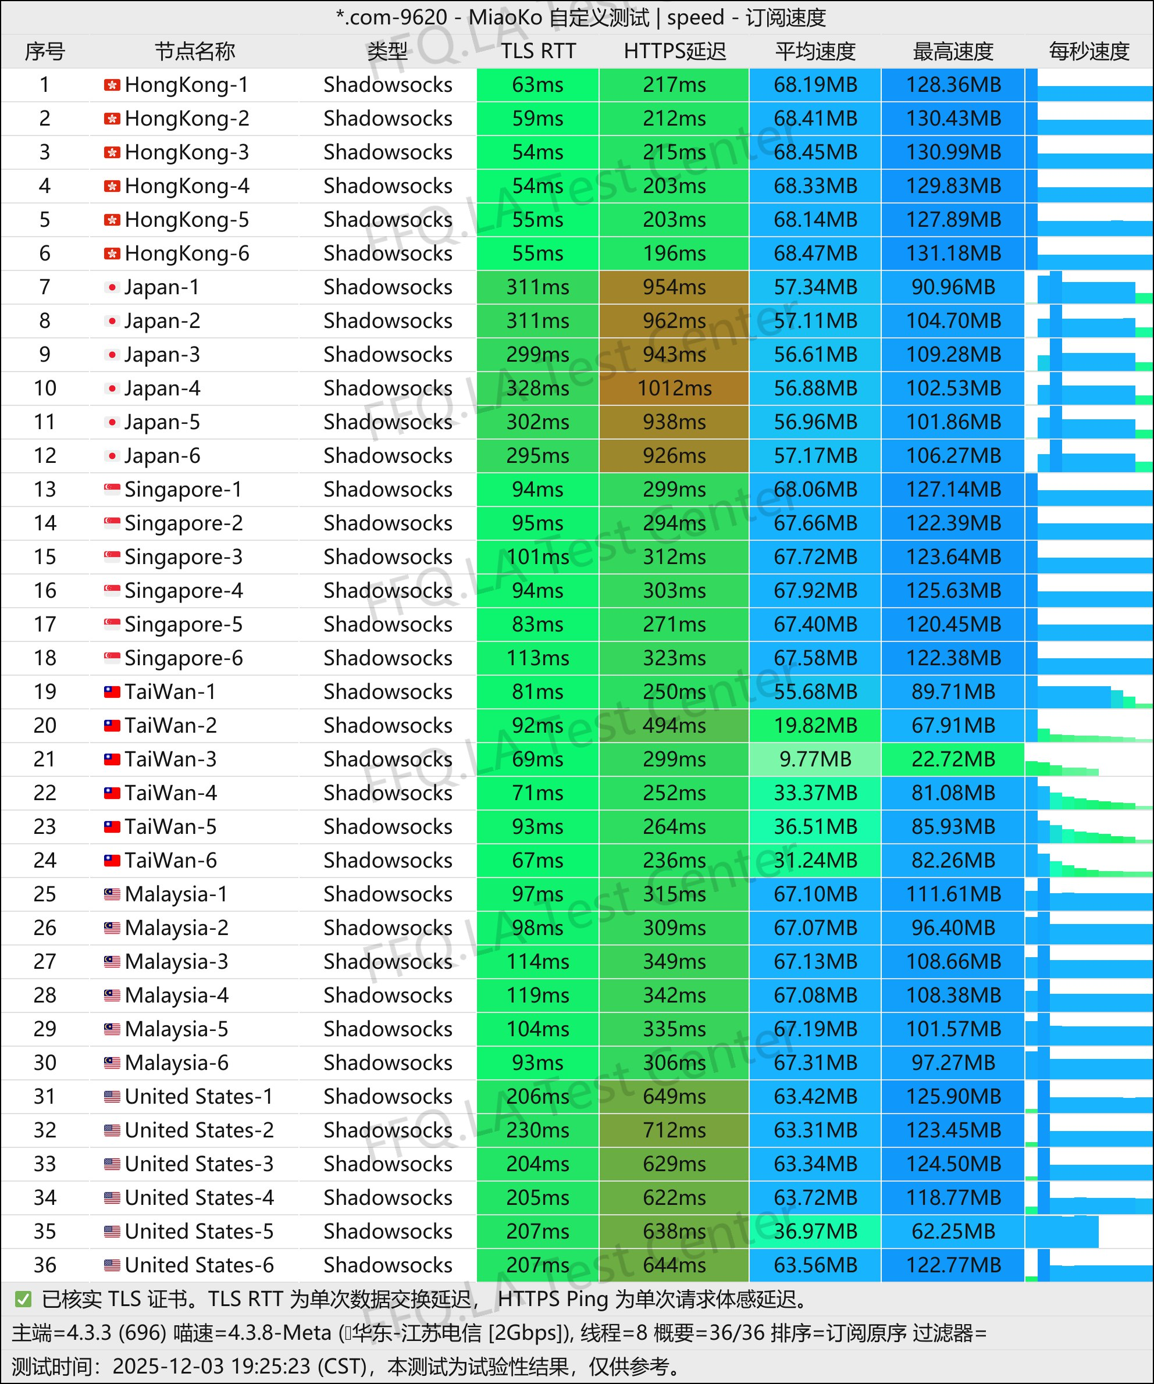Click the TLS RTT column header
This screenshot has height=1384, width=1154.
[x=538, y=51]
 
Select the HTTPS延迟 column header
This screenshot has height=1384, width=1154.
[x=674, y=51]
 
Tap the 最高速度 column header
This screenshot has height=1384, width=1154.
[x=952, y=51]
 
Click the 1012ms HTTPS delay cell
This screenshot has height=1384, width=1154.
[x=674, y=388]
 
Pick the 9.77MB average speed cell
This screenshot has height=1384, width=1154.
[x=815, y=759]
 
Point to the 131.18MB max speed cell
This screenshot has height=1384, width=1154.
[x=953, y=253]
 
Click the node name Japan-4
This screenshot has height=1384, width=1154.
[x=162, y=388]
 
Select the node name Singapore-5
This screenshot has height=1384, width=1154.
[x=183, y=624]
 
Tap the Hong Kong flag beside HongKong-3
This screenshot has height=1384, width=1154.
[x=112, y=152]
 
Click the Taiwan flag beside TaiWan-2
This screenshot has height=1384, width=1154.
[x=112, y=726]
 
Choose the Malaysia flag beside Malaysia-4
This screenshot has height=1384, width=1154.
[x=112, y=995]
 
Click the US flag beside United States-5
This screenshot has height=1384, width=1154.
[x=112, y=1231]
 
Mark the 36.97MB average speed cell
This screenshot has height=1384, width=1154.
[x=815, y=1231]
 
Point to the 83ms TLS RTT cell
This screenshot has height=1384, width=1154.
[x=538, y=624]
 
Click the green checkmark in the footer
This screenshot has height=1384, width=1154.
[x=23, y=1299]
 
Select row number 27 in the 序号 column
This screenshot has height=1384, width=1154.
[x=45, y=962]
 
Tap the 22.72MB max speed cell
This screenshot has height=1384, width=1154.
[x=953, y=759]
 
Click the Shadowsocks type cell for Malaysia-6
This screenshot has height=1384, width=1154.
[x=387, y=1062]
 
